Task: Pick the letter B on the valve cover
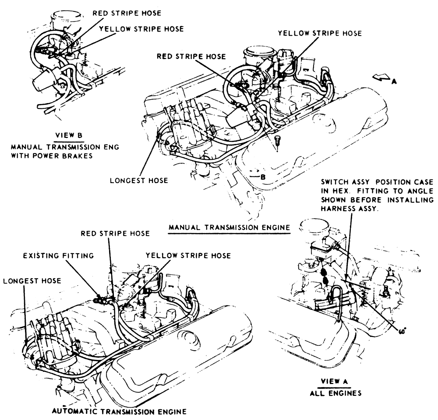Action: point(263,177)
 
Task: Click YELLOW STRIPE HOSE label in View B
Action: point(141,29)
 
